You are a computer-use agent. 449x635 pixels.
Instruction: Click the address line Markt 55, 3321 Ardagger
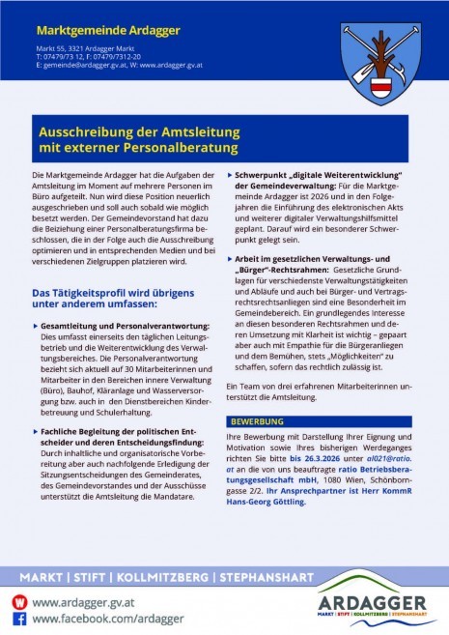pos(83,46)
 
